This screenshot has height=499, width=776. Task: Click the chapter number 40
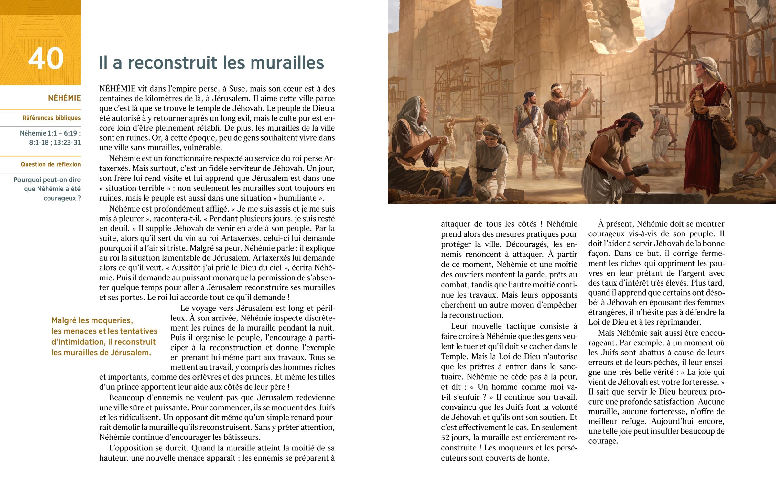coord(46,58)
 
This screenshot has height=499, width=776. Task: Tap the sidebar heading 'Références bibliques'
coord(51,118)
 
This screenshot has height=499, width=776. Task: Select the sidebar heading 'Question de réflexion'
coord(50,164)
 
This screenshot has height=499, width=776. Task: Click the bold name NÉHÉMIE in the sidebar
coord(64,98)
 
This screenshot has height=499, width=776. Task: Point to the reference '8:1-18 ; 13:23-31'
coord(55,143)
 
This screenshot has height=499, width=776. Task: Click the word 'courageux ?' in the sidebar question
coord(62,198)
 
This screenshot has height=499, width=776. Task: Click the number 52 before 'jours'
coord(447,438)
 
